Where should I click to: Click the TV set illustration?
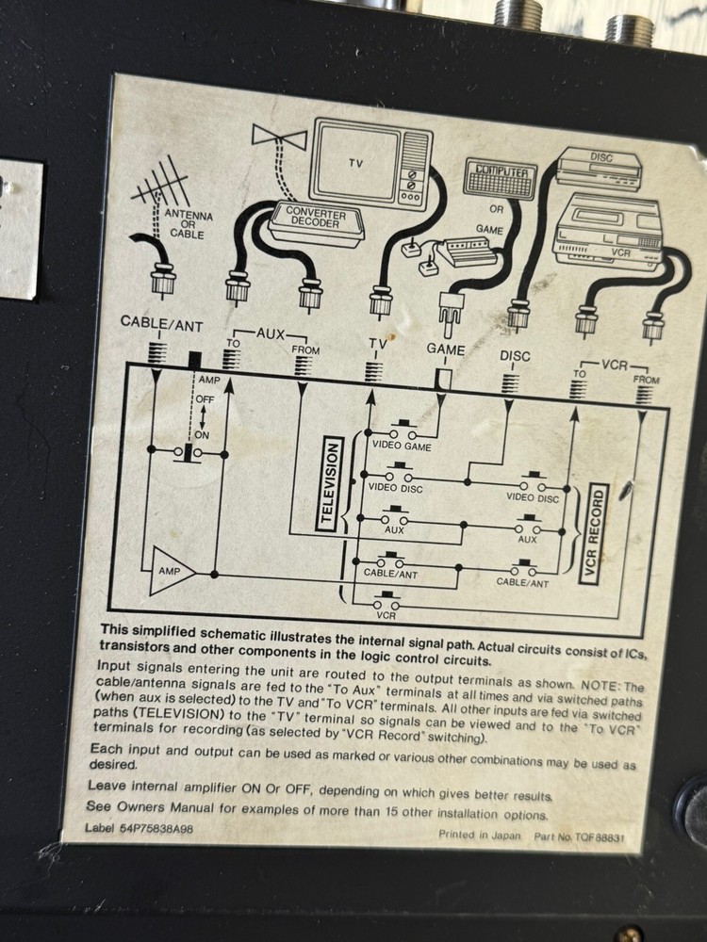click(370, 163)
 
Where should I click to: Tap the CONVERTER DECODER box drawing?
click(316, 221)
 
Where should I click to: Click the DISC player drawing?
click(599, 169)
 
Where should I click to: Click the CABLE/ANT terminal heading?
click(162, 323)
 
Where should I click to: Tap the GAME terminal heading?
click(446, 349)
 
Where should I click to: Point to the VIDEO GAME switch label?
click(402, 446)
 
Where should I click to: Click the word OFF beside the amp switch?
click(205, 398)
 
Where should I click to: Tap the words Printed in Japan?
click(480, 835)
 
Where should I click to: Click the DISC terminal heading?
click(515, 356)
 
